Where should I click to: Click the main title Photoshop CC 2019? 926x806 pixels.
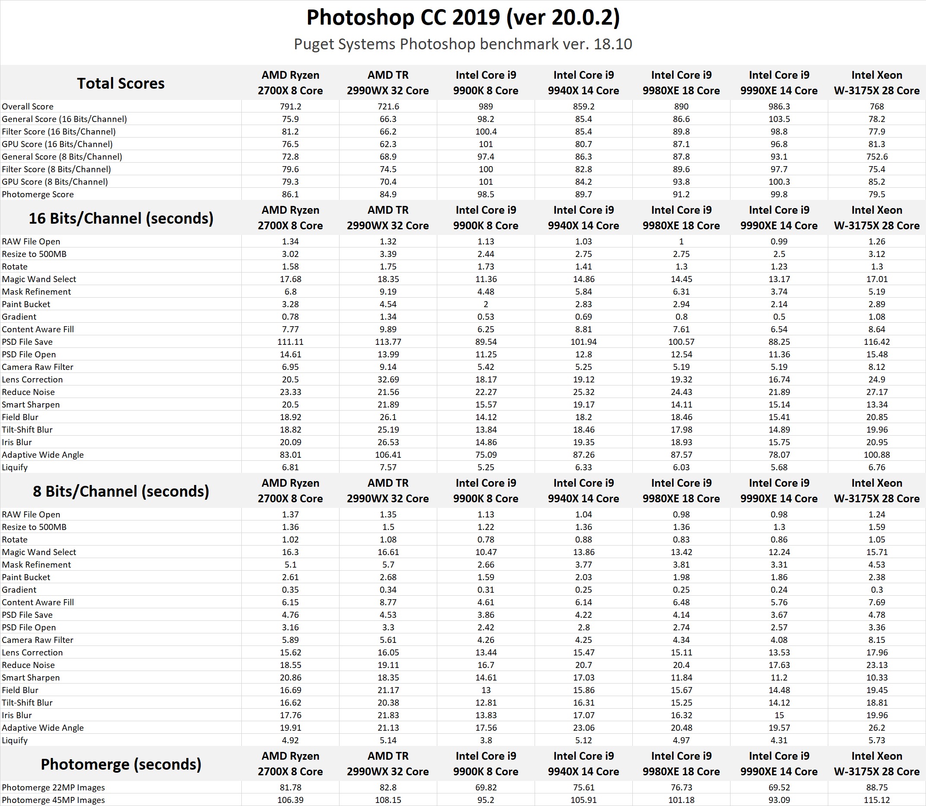pos(463,18)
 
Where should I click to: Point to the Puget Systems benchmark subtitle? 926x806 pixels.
pos(463,44)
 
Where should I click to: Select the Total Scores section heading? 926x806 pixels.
pos(121,83)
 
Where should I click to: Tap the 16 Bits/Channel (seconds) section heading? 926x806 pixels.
pos(121,218)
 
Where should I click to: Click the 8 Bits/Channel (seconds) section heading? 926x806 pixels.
pos(121,491)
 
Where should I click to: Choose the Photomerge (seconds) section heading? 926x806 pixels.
pos(121,764)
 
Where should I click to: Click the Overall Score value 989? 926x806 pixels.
pos(486,106)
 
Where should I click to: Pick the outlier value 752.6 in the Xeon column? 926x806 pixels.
pos(877,157)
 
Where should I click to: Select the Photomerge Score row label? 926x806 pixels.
pos(38,194)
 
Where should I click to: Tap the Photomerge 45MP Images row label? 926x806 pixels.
pos(53,800)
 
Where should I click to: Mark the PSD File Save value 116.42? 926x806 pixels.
pos(877,342)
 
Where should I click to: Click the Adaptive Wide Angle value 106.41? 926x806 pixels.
pos(388,455)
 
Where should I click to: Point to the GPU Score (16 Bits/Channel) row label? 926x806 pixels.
pos(57,144)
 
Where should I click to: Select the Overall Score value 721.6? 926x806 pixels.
pos(388,106)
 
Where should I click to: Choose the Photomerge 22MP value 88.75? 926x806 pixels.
pos(877,787)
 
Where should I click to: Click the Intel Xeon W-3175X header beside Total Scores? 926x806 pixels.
pos(877,83)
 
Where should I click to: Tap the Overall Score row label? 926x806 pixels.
pos(27,106)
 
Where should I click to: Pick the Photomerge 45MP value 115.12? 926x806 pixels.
pos(877,800)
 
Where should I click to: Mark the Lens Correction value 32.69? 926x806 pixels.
pos(388,379)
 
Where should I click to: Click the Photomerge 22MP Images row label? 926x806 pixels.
pos(53,787)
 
